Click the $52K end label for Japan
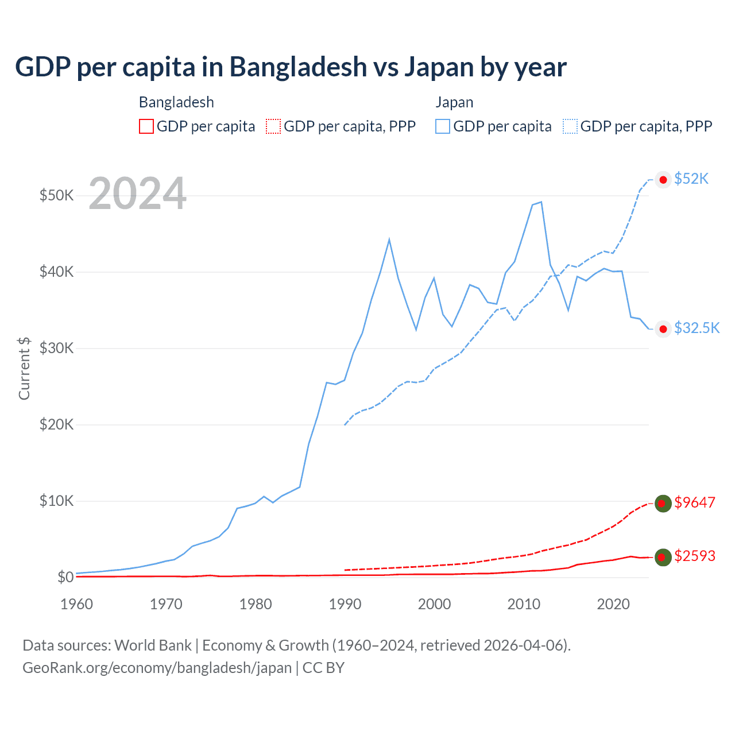(691, 179)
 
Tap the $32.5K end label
(697, 328)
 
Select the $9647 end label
(695, 502)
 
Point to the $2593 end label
(695, 556)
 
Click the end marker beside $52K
(663, 180)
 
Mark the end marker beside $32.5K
(663, 328)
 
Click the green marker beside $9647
(663, 504)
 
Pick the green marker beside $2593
(663, 557)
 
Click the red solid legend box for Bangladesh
(146, 126)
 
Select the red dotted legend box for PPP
(273, 126)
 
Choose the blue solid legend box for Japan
(443, 126)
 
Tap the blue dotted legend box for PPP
(570, 126)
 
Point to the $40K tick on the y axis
(56, 272)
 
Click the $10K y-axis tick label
(56, 501)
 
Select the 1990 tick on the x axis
(345, 604)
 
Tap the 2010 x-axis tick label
(524, 604)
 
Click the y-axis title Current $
(24, 368)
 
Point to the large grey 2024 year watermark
(137, 194)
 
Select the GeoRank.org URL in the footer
(157, 668)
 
